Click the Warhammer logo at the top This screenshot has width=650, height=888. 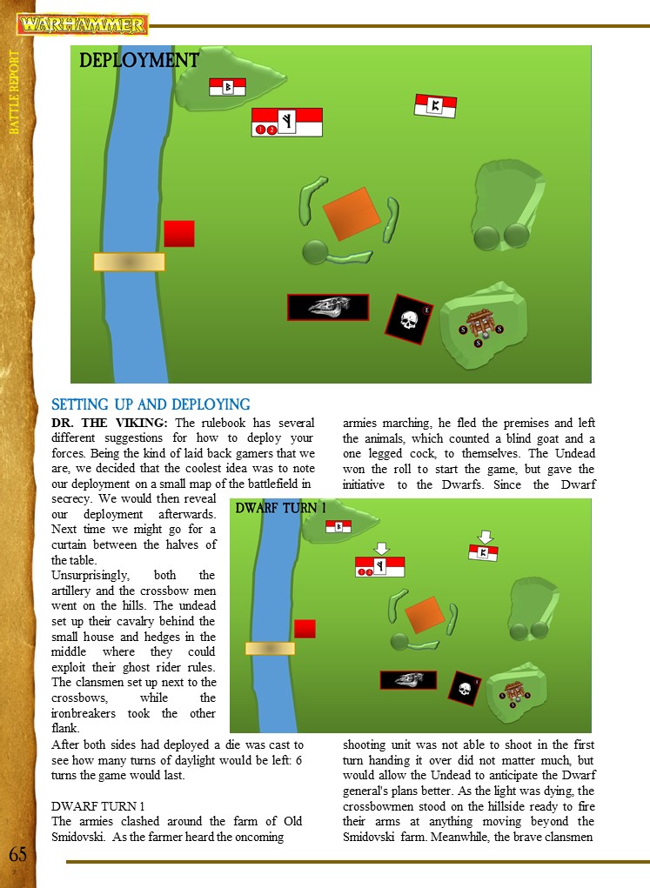tap(84, 24)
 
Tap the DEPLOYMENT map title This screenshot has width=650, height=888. tap(139, 60)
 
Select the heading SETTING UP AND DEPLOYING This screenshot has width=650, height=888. tap(151, 404)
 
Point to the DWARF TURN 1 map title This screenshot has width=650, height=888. tap(281, 508)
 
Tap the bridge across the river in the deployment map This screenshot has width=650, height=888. tap(129, 262)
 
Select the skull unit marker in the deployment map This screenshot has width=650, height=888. tap(409, 319)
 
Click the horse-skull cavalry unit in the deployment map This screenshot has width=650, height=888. tap(328, 307)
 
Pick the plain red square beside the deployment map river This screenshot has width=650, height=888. tap(179, 233)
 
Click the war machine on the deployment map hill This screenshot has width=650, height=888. tap(479, 324)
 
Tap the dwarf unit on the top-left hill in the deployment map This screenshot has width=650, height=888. tap(228, 87)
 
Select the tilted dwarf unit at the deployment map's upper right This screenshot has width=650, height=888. tap(435, 105)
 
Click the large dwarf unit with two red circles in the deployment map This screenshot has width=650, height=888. tap(286, 123)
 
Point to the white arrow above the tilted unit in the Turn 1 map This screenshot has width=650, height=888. tap(485, 536)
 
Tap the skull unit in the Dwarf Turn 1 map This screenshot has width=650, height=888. tap(463, 688)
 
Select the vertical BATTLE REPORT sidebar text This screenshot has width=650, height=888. tap(14, 92)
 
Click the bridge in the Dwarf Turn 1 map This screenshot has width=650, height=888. tap(270, 648)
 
